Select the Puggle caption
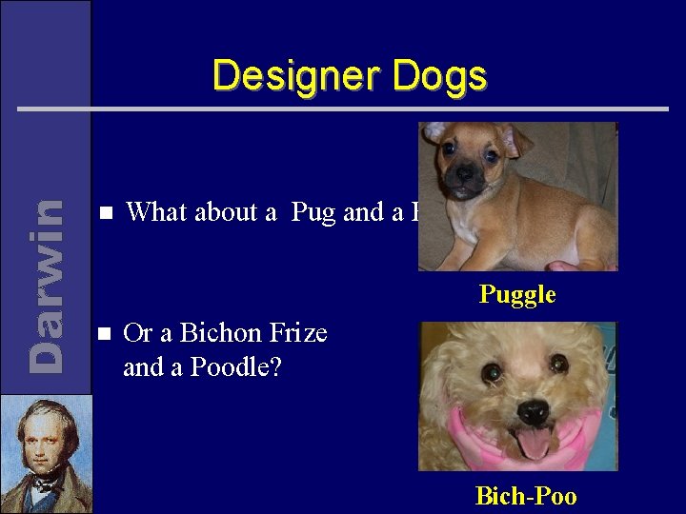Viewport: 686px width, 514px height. (517, 295)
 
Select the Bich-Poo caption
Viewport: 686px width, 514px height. (526, 496)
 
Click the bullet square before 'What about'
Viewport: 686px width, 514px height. (106, 212)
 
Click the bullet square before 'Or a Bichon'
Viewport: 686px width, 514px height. (106, 334)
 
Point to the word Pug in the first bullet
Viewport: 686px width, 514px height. (313, 212)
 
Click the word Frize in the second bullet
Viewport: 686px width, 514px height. (297, 334)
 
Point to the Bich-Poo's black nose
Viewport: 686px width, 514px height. (533, 411)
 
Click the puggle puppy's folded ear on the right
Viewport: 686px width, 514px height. (514, 139)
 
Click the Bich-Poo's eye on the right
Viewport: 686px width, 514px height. (559, 364)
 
